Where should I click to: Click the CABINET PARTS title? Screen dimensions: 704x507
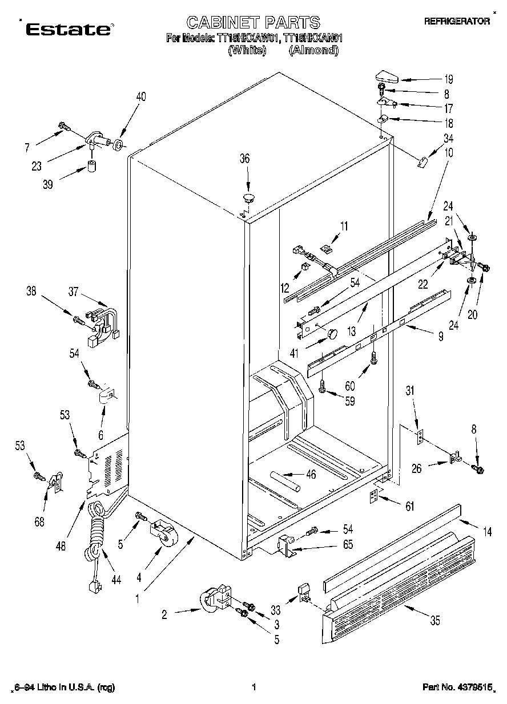point(253,22)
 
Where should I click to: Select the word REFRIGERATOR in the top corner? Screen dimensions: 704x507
point(457,21)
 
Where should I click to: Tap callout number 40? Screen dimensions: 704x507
point(140,97)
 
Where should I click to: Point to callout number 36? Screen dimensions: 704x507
point(244,159)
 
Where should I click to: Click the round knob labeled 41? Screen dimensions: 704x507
point(331,333)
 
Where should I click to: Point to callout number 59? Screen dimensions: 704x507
point(349,400)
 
